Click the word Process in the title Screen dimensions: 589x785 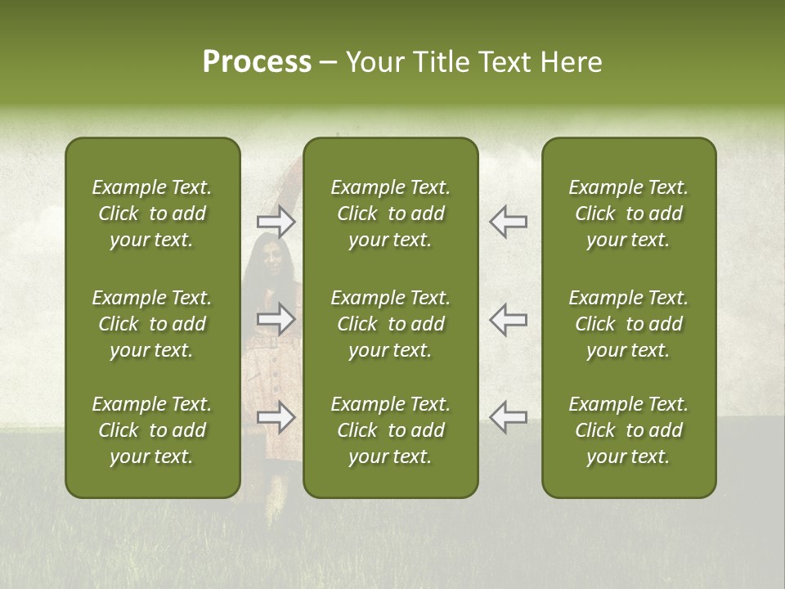tap(257, 62)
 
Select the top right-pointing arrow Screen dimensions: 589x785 tap(276, 222)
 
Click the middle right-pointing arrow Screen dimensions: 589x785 tap(276, 319)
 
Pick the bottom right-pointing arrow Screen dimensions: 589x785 tap(276, 416)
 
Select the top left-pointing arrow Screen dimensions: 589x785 tap(508, 222)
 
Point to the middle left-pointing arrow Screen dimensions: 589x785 tap(508, 319)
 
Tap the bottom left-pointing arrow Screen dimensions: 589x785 tap(508, 416)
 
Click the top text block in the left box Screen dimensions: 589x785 tap(152, 214)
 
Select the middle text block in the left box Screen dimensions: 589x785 tap(152, 324)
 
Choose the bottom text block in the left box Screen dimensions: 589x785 tap(152, 430)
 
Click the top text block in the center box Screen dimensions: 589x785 tap(390, 214)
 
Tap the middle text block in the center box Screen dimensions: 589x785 tap(390, 324)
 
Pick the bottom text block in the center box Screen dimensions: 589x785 tap(390, 430)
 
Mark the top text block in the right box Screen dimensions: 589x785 tap(628, 214)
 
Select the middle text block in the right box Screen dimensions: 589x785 tap(628, 324)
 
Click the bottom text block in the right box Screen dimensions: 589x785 tap(628, 430)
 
